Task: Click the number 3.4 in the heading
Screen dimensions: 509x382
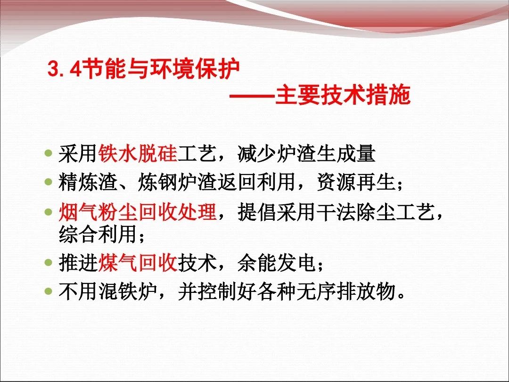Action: point(64,69)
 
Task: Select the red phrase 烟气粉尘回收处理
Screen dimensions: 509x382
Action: point(138,212)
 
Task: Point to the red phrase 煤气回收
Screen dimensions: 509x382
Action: point(138,262)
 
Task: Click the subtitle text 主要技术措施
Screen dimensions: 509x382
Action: point(343,95)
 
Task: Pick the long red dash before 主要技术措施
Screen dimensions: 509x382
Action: point(252,96)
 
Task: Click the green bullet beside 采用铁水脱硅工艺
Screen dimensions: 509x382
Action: point(49,153)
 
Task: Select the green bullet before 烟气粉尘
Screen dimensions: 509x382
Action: point(49,212)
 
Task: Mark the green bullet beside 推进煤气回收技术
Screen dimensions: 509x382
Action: point(49,262)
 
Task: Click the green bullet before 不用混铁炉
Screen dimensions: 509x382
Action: point(49,291)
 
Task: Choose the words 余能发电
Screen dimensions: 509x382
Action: point(277,262)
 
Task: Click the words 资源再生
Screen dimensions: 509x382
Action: point(356,182)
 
